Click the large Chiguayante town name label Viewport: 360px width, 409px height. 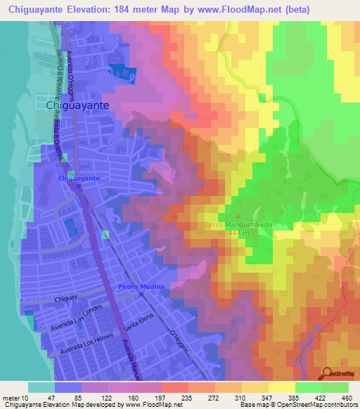pyautogui.click(x=77, y=105)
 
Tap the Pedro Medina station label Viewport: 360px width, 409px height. pyautogui.click(x=141, y=287)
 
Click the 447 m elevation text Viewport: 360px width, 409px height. pyautogui.click(x=236, y=233)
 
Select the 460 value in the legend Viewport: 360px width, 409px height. pyautogui.click(x=347, y=398)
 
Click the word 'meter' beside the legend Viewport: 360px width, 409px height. pyautogui.click(x=11, y=398)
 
